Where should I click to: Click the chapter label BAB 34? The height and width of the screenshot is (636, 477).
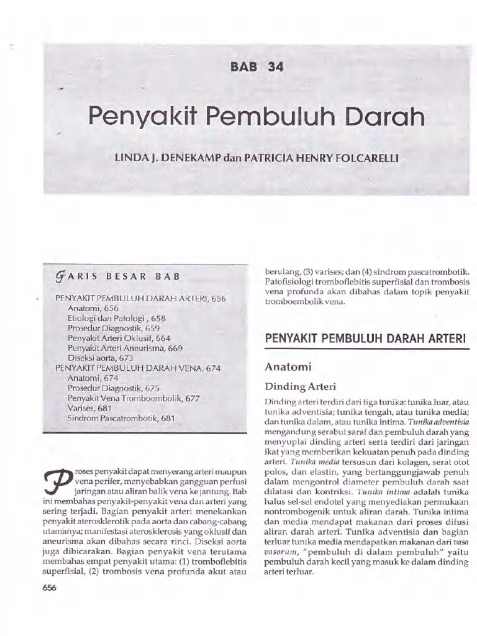tap(257, 68)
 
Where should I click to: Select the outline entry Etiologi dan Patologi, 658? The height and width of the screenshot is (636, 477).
tap(117, 318)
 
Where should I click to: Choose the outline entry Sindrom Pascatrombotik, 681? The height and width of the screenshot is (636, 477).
tap(120, 419)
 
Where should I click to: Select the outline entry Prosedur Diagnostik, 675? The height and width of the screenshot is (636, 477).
tap(114, 388)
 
